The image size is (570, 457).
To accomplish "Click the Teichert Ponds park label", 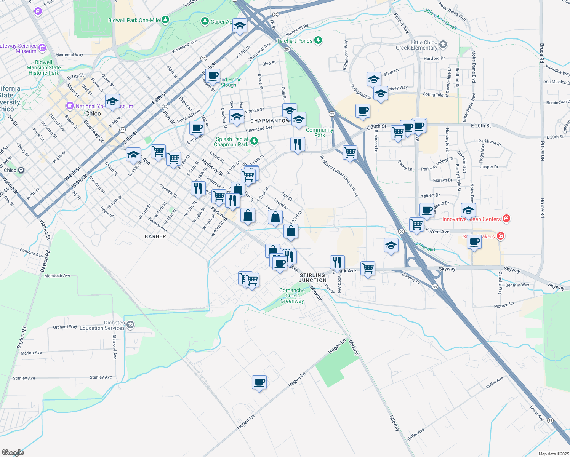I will tap(295, 41).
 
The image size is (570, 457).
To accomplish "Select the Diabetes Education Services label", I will tap(102, 325).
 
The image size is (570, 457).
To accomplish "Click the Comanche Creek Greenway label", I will tap(292, 296).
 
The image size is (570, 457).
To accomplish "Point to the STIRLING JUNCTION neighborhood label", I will tap(312, 278).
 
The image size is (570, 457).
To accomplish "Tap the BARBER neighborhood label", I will tap(155, 236).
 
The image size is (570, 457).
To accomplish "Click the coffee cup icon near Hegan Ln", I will tap(259, 382).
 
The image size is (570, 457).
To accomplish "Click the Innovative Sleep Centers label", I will tap(471, 219).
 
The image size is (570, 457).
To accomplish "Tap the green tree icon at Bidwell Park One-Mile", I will tap(165, 19).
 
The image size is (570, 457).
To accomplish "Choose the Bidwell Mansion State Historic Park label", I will tap(44, 67).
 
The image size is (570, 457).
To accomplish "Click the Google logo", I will tap(13, 452).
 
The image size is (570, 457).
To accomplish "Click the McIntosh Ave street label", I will tap(58, 276).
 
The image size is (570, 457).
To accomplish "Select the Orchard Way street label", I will tap(65, 327).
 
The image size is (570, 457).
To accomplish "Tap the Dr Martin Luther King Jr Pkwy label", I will tap(339, 176).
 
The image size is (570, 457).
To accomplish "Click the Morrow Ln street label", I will tap(504, 305).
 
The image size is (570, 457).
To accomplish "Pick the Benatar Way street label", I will tap(517, 285).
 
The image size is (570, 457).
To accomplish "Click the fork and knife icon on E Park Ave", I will tap(337, 262).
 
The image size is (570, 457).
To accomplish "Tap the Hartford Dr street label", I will tap(434, 58).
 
